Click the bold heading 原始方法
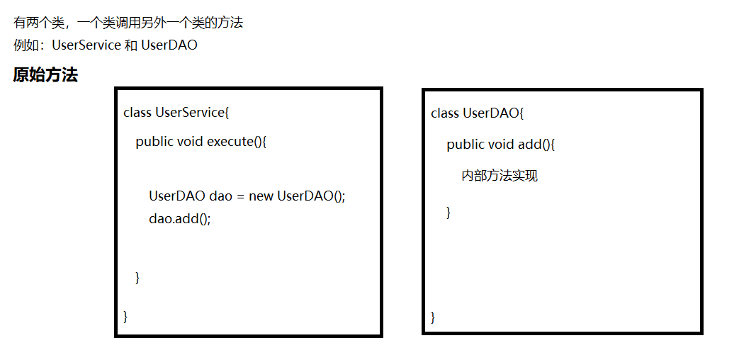pos(45,75)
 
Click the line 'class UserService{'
pos(176,112)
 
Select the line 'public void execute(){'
pos(201,141)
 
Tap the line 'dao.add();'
pos(180,218)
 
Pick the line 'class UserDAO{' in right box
pos(477,113)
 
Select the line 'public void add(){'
pos(500,145)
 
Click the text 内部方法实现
pos(500,175)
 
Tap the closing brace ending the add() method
pos(449,211)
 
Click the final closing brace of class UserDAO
pos(433,316)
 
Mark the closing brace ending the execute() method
pos(137,277)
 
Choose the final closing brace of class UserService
pos(125,315)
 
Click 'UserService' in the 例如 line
pos(86,45)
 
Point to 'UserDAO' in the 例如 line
pos(169,45)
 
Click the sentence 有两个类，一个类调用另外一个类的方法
pos(128,23)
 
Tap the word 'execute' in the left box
pos(230,141)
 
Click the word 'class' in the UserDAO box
pos(445,113)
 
